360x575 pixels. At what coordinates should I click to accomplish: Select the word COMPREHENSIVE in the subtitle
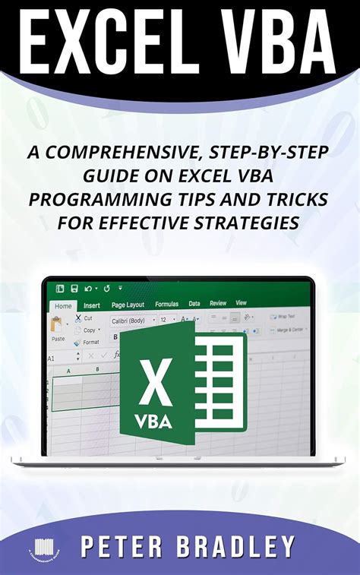(x=125, y=152)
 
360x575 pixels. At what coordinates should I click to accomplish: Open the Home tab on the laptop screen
(x=64, y=305)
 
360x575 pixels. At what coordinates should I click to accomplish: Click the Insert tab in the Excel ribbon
(x=91, y=305)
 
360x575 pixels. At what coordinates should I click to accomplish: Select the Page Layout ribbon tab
(x=128, y=305)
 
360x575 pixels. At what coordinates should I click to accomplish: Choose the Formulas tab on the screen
(x=166, y=304)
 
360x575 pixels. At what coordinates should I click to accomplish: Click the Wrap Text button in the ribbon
(x=285, y=316)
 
